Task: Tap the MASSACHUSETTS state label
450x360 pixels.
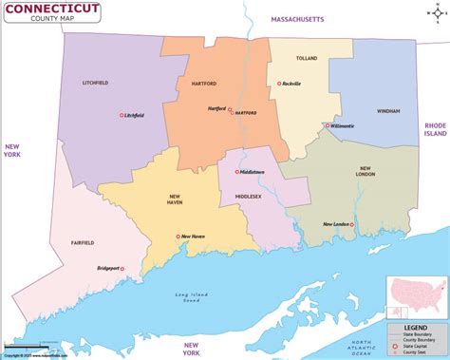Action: (x=297, y=19)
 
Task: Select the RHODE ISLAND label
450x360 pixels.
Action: (x=434, y=129)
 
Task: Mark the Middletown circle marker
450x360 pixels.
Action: (x=234, y=172)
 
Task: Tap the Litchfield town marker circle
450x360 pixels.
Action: (x=122, y=116)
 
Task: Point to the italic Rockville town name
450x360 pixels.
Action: (x=291, y=85)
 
